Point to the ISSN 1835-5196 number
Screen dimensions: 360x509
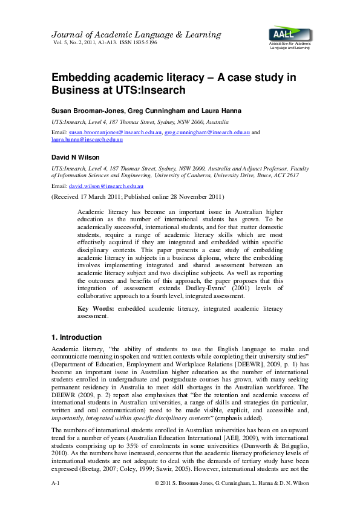[140, 43]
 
